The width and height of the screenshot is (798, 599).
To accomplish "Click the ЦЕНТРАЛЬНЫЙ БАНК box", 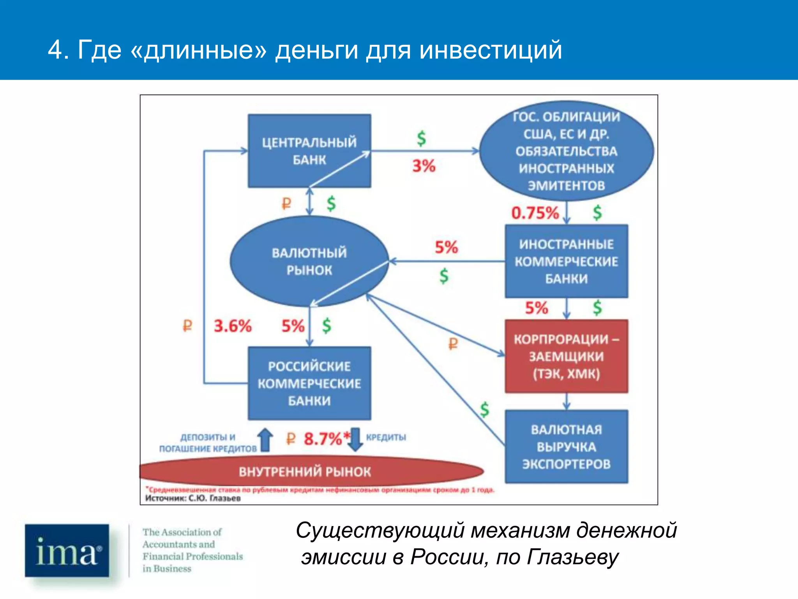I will point(309,151).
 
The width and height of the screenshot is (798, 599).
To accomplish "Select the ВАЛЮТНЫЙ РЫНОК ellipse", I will point(309,261).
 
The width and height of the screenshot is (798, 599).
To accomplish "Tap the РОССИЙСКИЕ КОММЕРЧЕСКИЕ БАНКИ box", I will point(309,383).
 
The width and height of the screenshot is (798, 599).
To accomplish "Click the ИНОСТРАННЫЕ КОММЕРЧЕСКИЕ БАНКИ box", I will point(566,261).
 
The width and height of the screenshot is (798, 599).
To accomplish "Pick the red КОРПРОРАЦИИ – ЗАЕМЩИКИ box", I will point(566,356).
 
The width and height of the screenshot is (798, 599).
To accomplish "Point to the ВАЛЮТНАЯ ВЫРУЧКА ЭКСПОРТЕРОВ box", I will point(566,447).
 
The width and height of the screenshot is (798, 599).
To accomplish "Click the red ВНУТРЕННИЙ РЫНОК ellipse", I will point(305,471).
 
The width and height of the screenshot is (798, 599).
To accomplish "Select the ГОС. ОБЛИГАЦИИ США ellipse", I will point(566,151).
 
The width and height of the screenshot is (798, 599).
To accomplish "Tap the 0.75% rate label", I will point(535,213).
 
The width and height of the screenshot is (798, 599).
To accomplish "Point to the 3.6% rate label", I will point(233,326).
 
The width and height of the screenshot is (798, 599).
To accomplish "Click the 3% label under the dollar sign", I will point(424,166).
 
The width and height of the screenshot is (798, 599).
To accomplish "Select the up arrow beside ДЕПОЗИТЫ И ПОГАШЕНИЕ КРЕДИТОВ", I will point(266,440).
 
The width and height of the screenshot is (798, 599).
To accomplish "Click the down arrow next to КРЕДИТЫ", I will point(355,440).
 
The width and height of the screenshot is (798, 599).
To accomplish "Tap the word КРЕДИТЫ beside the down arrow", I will point(386,438).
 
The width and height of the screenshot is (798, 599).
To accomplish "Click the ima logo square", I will point(67,550).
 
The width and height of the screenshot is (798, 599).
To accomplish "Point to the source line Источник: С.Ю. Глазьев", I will point(193,498).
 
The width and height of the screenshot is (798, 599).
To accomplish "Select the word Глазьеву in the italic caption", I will point(572,557).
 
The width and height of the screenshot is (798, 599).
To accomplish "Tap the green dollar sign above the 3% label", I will point(421,138).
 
